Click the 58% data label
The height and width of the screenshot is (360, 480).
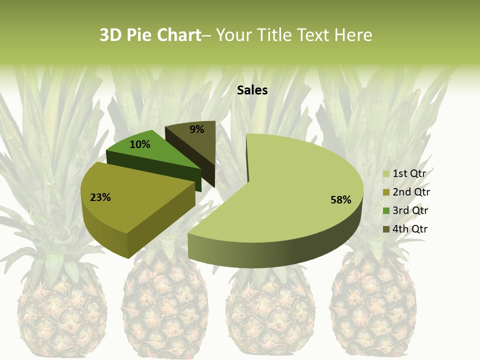[340, 200]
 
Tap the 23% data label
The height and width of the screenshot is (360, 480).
[100, 197]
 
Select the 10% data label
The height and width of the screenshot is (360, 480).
[139, 144]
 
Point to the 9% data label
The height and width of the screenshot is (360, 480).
[197, 129]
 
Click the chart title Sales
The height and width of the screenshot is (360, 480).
[252, 90]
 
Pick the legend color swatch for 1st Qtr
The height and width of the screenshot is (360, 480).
[386, 174]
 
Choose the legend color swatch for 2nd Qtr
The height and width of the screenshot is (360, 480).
[386, 192]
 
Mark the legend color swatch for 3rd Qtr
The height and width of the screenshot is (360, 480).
[386, 211]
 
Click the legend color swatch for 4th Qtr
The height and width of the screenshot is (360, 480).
[386, 229]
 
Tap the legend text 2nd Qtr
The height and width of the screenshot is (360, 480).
[411, 192]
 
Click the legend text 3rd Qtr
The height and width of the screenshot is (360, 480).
[410, 210]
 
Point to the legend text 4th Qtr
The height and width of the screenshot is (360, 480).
[410, 229]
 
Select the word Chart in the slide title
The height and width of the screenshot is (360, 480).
[179, 35]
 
